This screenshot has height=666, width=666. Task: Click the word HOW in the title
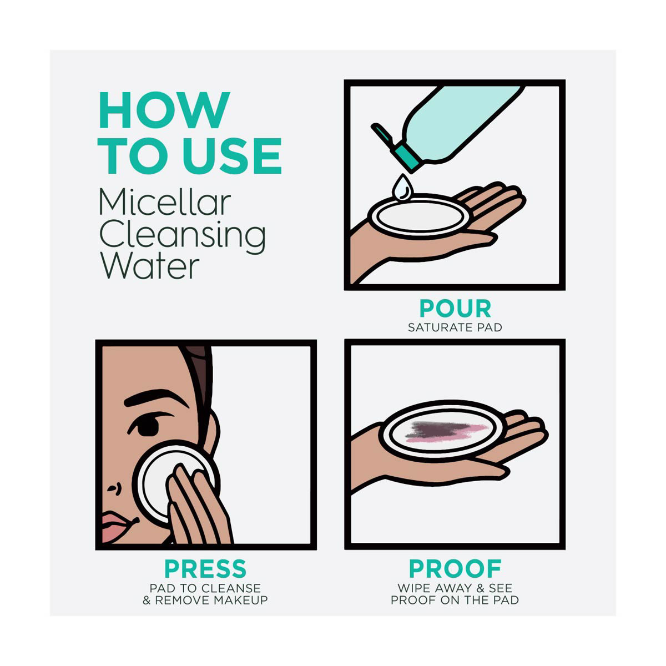point(164,110)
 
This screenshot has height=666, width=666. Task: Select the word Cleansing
point(183,236)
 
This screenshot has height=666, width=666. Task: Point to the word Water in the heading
point(149,266)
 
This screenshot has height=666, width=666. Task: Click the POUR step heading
point(455,308)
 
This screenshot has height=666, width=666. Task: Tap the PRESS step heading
point(205,568)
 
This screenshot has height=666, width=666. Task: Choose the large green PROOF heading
point(455,568)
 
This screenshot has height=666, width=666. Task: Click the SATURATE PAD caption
point(455,327)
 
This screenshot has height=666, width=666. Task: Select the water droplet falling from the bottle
point(402,188)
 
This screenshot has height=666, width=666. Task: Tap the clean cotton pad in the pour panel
point(420,216)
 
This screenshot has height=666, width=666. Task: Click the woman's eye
point(148,427)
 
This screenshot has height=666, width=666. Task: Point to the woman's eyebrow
point(156,398)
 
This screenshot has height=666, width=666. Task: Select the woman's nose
point(114,488)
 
